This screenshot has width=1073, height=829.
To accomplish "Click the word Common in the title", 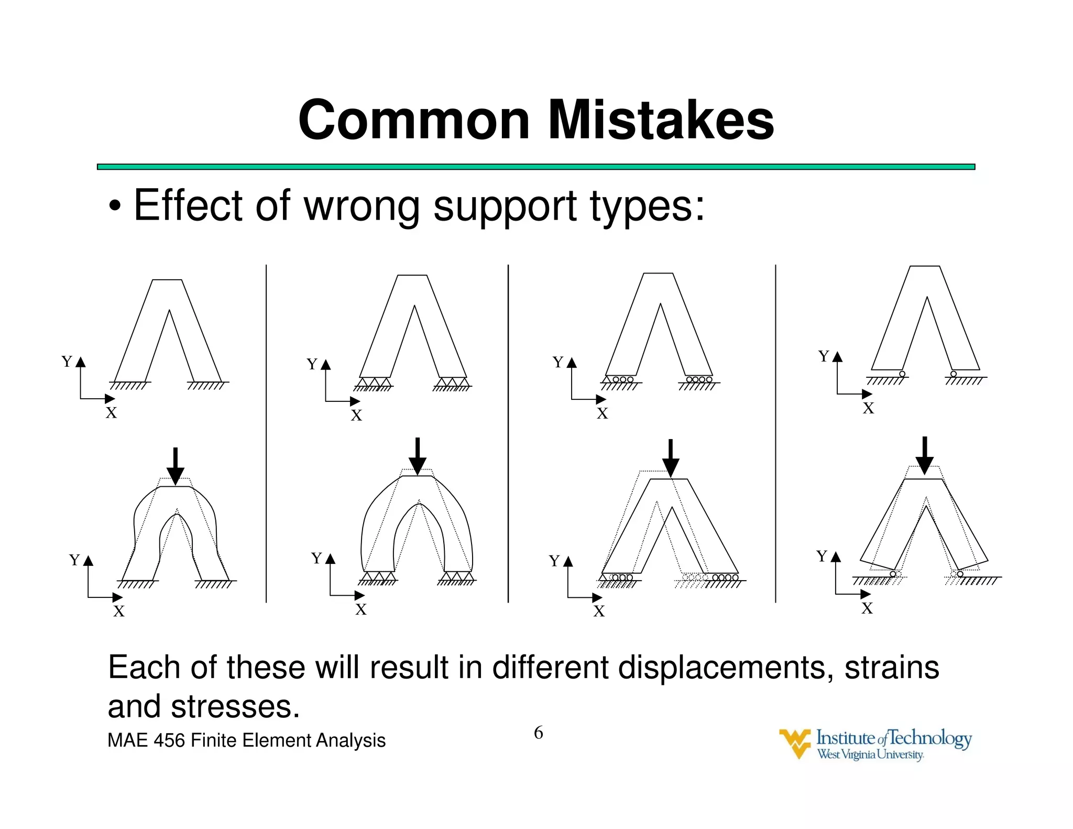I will [x=414, y=120].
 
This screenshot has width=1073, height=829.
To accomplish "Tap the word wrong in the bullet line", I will [x=362, y=205].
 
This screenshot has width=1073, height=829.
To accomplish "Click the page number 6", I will [x=538, y=733].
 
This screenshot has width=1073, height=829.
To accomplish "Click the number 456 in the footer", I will [x=169, y=740].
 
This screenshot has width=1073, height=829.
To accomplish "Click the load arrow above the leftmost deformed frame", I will [x=176, y=465].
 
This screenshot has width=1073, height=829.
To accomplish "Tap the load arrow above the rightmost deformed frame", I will [x=925, y=455].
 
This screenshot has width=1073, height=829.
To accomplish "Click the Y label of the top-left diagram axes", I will [x=67, y=362].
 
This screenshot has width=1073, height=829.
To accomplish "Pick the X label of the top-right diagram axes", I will [x=869, y=408].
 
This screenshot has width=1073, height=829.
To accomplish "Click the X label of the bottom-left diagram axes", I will [x=119, y=611].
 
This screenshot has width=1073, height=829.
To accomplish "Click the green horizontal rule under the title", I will [x=535, y=167].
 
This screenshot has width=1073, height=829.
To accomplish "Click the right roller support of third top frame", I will [x=699, y=379].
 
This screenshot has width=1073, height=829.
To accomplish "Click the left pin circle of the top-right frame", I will [x=902, y=374].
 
